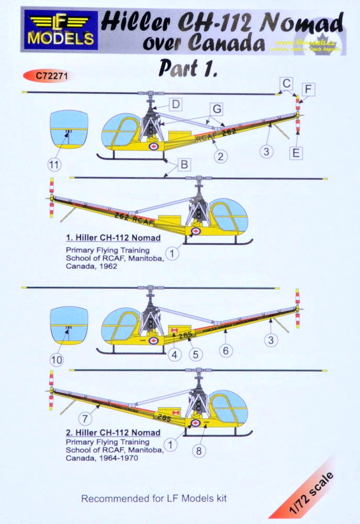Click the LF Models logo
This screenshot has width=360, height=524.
(58, 29)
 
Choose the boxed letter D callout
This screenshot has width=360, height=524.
(176, 104)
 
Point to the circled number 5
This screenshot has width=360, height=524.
(195, 354)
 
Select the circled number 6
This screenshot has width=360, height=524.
(226, 351)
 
